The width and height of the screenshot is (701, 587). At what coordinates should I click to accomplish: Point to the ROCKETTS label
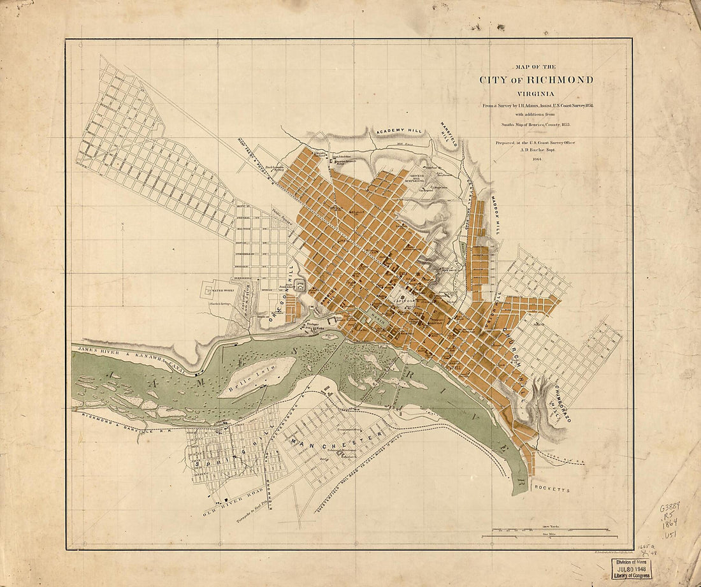(x=552, y=491)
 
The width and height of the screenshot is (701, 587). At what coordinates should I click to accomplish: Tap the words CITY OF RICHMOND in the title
(x=536, y=80)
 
